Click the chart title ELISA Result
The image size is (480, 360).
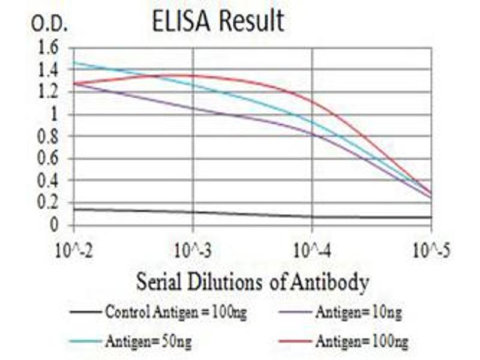pos(218,22)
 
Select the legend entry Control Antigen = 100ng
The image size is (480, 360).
pos(175,312)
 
